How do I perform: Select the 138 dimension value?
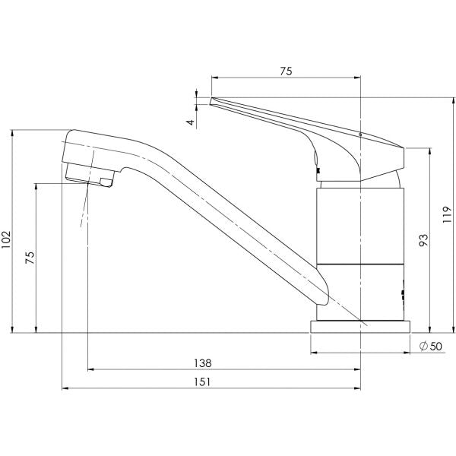point(202,363)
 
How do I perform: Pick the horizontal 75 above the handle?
point(286,71)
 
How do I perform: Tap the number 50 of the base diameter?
point(435,347)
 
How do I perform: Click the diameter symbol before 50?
point(423,347)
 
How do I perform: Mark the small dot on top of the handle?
point(359,134)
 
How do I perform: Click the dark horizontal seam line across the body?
point(357,263)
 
